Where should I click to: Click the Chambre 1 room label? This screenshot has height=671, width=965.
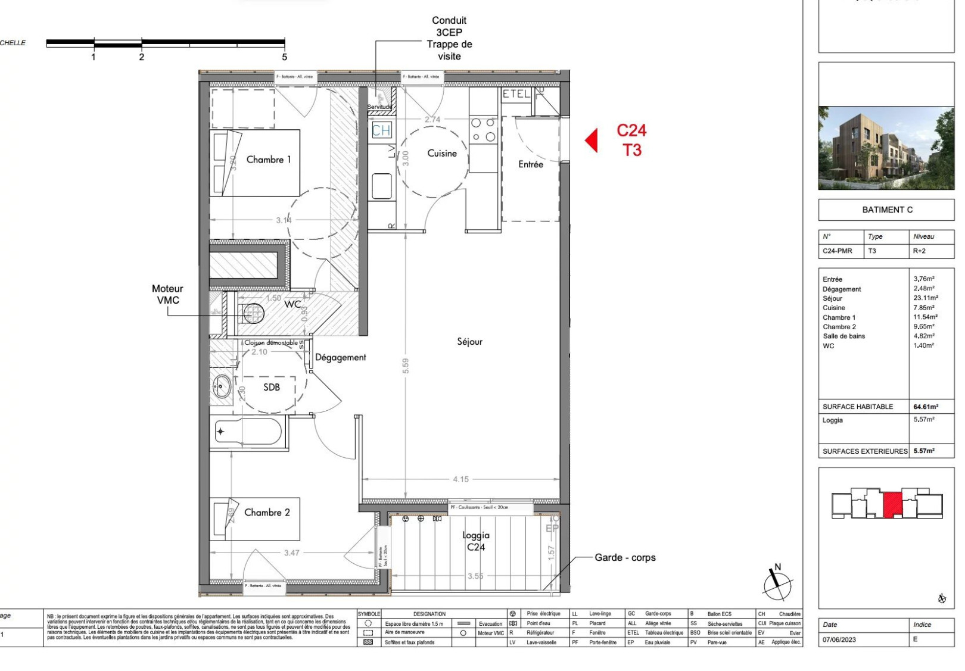tap(269, 160)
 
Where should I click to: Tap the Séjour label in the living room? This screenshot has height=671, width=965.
tap(469, 342)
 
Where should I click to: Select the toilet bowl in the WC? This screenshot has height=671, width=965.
tap(253, 313)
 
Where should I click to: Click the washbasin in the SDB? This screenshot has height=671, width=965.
tap(222, 386)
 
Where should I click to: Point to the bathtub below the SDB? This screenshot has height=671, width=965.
tap(248, 432)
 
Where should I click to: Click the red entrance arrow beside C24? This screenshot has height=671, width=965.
tap(592, 141)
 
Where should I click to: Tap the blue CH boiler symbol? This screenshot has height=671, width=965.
tap(381, 130)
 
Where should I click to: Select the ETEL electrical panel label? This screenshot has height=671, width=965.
tap(516, 94)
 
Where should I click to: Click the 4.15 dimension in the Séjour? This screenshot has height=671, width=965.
tap(460, 479)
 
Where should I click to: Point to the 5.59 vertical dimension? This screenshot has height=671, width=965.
tap(406, 366)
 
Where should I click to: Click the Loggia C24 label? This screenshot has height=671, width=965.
tap(476, 541)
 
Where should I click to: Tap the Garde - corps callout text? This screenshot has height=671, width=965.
tap(625, 558)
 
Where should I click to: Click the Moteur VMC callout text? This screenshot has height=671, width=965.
tap(167, 295)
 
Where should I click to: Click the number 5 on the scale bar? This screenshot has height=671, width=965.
tap(284, 57)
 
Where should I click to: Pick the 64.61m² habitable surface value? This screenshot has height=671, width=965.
tap(925, 407)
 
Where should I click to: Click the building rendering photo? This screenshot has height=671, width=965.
tap(886, 148)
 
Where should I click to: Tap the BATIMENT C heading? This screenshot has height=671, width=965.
tap(886, 210)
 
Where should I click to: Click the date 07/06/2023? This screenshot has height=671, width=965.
tap(839, 640)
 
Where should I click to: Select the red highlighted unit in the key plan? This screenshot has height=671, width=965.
tap(892, 505)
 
